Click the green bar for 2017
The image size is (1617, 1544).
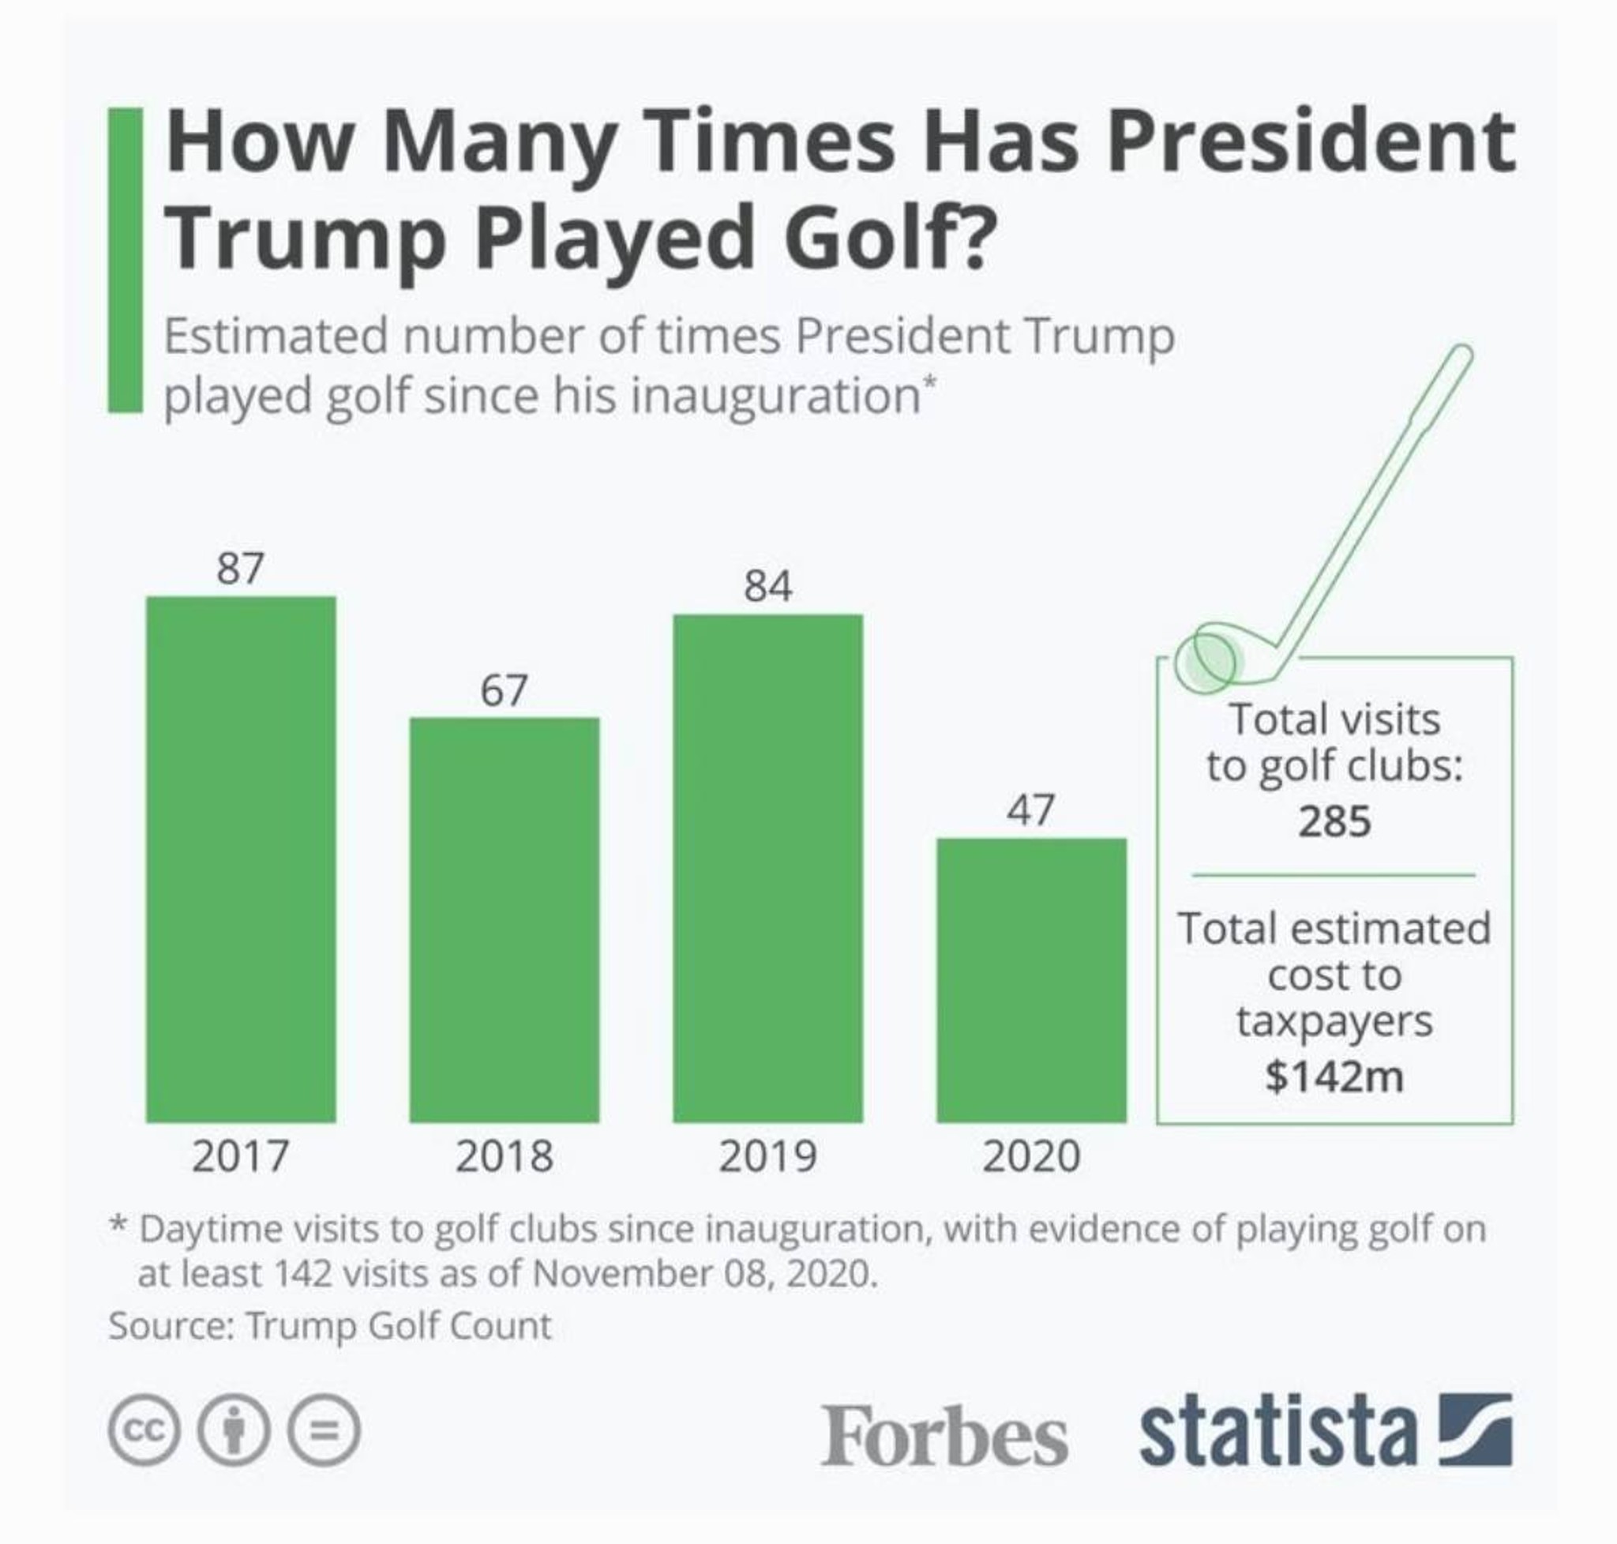point(240,858)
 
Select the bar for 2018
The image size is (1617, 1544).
point(504,919)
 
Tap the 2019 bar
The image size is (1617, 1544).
point(767,867)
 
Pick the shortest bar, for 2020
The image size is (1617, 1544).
point(1030,979)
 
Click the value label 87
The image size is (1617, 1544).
point(240,568)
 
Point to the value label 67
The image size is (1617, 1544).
point(504,689)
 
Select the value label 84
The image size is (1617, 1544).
point(767,586)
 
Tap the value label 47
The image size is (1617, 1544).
point(1030,810)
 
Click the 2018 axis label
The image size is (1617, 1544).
point(504,1156)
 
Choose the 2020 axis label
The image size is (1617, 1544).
point(1030,1156)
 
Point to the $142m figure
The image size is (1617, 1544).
point(1334,1076)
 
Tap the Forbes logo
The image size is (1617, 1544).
point(944,1435)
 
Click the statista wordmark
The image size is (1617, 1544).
point(1278,1429)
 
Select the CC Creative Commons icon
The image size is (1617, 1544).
point(143,1430)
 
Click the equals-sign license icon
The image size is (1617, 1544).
point(324,1430)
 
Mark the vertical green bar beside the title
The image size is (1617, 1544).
point(125,259)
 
